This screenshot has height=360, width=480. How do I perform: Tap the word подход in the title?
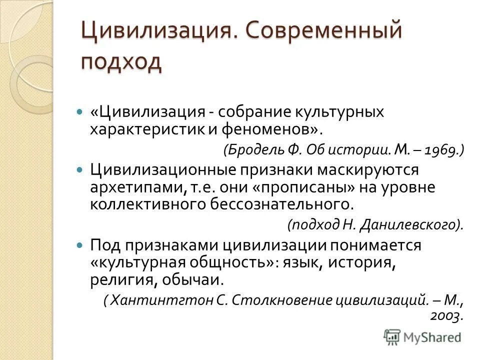point(121,63)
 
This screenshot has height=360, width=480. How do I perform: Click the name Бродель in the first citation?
point(250,150)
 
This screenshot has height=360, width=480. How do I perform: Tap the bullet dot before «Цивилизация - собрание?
point(78,112)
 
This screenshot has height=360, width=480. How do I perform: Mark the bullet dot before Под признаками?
point(78,245)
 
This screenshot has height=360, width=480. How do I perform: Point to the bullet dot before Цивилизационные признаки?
point(78,170)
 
